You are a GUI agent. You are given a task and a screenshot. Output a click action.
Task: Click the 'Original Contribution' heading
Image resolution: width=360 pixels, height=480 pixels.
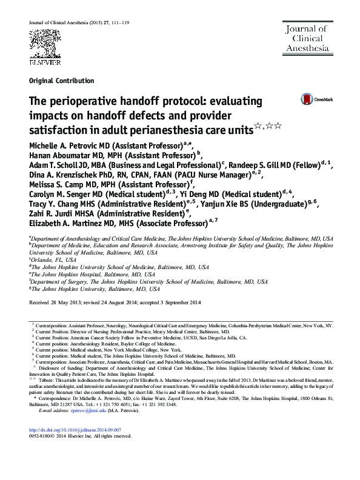61,81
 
